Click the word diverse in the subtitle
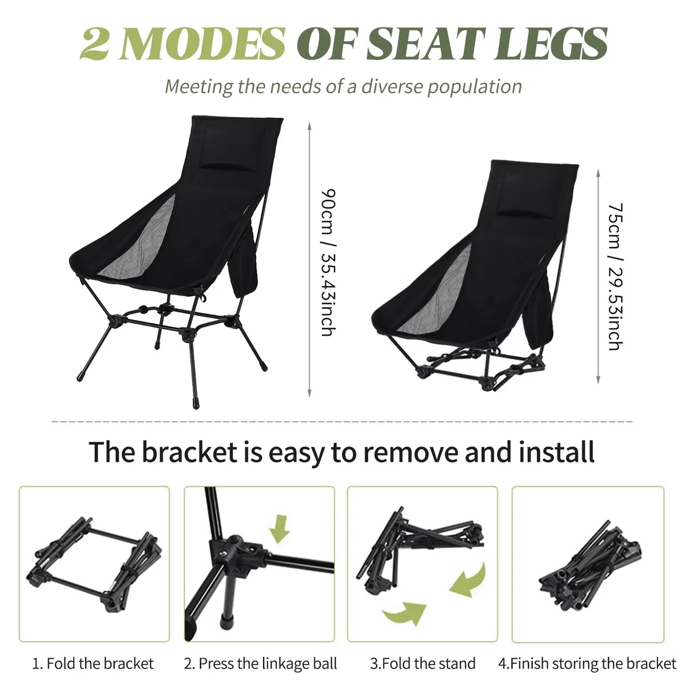(392, 86)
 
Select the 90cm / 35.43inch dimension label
(329, 262)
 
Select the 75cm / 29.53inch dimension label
(616, 277)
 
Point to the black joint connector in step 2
(236, 550)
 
